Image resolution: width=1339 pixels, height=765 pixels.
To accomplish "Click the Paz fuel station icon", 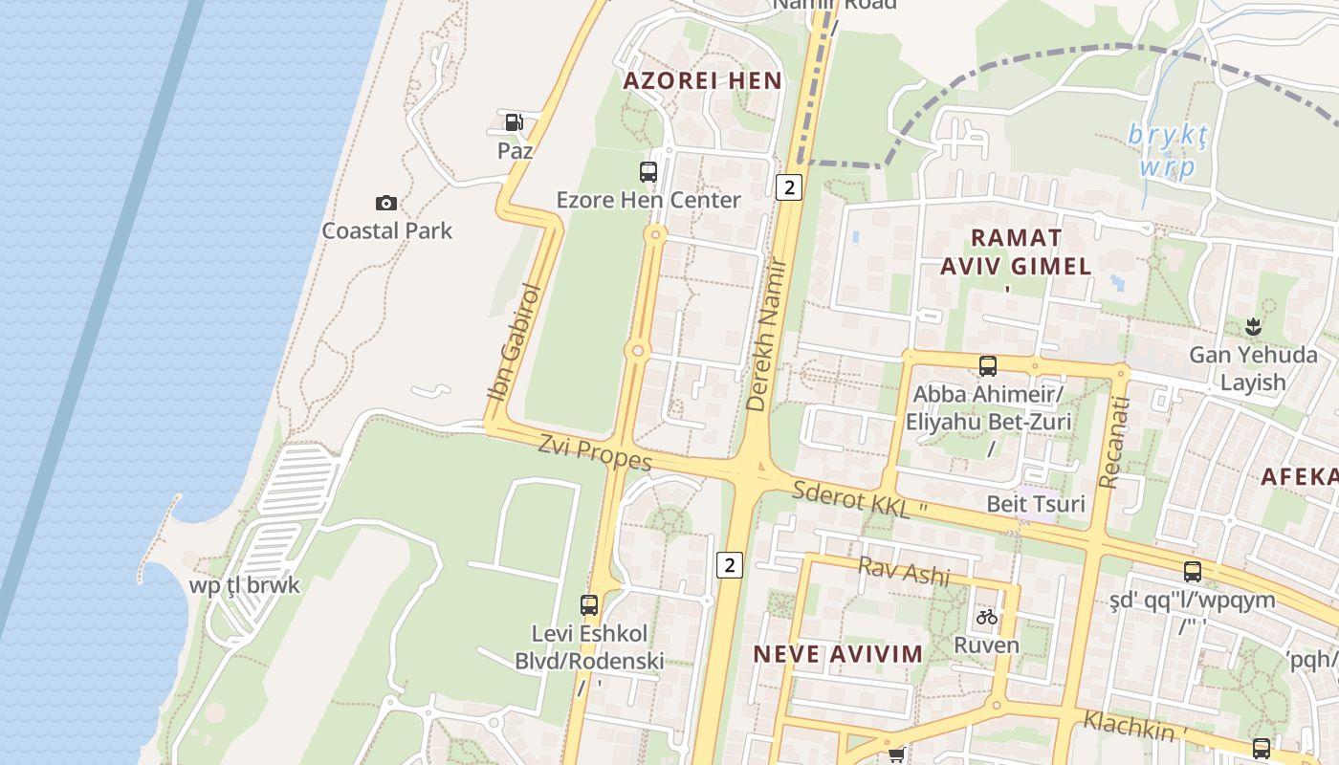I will coord(514,122).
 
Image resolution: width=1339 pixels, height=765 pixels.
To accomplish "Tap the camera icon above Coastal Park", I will coord(386,203).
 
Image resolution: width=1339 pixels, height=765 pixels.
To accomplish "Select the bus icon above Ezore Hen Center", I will coord(648,172).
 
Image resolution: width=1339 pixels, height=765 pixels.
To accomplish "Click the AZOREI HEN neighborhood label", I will coord(703,81).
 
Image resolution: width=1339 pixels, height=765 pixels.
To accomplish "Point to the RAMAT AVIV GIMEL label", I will coord(1016,251).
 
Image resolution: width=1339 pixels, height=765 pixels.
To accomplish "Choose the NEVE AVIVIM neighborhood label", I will coord(838,654).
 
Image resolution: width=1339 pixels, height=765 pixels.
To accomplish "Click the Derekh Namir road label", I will coord(769,335).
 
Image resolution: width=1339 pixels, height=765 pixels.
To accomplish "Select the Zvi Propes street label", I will coord(595,452).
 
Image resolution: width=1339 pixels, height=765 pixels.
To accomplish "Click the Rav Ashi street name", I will coord(904,571).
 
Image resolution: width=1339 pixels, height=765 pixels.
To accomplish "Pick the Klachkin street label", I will coord(1129,725).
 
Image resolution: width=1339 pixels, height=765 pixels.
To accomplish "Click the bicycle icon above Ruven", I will coord(987,617).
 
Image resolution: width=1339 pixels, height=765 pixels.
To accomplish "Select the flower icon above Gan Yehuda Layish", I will coord(1253,327).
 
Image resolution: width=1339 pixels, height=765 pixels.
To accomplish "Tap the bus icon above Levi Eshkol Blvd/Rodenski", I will coord(589,604).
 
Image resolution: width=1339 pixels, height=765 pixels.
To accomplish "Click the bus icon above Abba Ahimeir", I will coord(988,365).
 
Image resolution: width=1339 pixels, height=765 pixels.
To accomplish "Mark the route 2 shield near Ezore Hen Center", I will coord(788,186).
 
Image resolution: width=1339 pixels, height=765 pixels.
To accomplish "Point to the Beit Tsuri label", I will coord(1036,503).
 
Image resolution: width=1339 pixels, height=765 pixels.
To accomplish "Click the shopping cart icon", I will coord(896,755).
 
